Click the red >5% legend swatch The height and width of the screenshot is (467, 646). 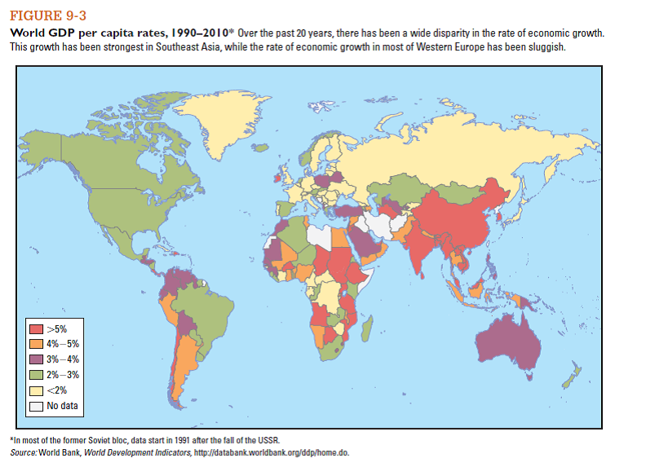point(37,328)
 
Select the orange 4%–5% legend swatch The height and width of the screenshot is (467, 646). point(37,344)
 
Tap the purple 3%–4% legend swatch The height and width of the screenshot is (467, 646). point(37,359)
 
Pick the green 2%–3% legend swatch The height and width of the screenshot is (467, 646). point(37,375)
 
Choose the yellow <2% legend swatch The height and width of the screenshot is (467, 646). point(37,390)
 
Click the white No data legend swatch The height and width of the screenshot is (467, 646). point(37,406)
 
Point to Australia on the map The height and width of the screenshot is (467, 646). point(510,343)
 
